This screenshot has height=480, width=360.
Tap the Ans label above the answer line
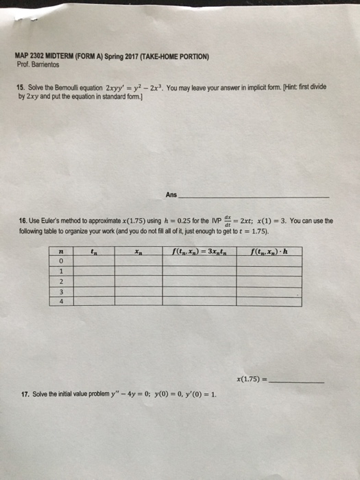click(x=171, y=195)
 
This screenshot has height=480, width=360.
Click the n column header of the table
click(x=62, y=250)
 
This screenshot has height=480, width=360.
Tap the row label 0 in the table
click(x=62, y=261)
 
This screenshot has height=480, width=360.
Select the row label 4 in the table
click(x=62, y=300)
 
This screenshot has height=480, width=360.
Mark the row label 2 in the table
click(x=62, y=280)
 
